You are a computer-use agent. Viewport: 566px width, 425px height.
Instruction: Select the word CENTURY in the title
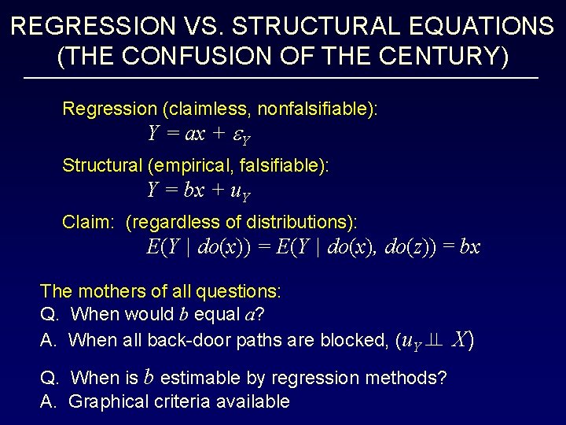tap(431, 57)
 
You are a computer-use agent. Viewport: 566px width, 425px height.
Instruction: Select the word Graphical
tap(104, 401)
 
